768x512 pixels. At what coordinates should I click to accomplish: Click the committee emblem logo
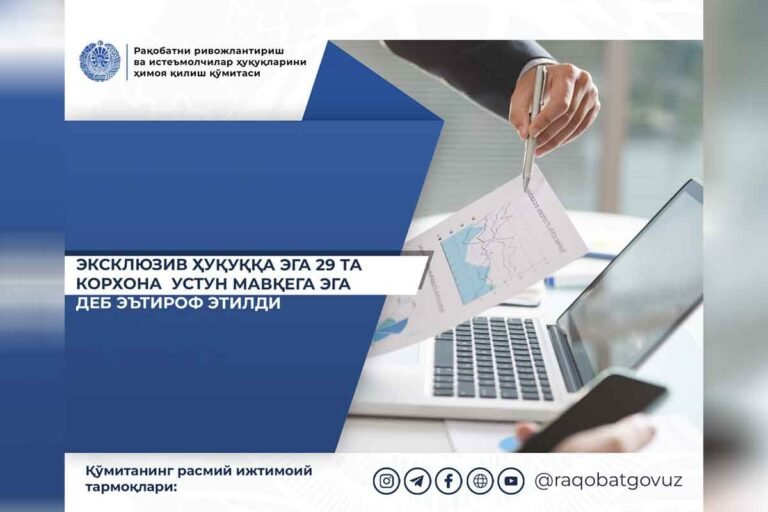click(x=100, y=61)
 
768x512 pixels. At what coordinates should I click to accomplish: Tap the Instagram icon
click(x=386, y=481)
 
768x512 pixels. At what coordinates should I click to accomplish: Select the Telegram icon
click(x=417, y=481)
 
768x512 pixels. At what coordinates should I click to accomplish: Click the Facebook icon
click(x=449, y=481)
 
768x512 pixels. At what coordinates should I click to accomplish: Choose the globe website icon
click(x=480, y=481)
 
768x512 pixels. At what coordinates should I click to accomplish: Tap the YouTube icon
click(x=511, y=481)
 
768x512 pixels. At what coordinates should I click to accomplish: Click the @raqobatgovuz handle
click(x=608, y=481)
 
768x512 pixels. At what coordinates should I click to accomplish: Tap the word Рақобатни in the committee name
click(x=160, y=51)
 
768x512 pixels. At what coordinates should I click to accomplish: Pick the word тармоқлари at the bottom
click(x=130, y=488)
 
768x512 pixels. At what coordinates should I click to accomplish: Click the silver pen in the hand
click(x=533, y=128)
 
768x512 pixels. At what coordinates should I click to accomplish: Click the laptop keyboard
click(x=493, y=358)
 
